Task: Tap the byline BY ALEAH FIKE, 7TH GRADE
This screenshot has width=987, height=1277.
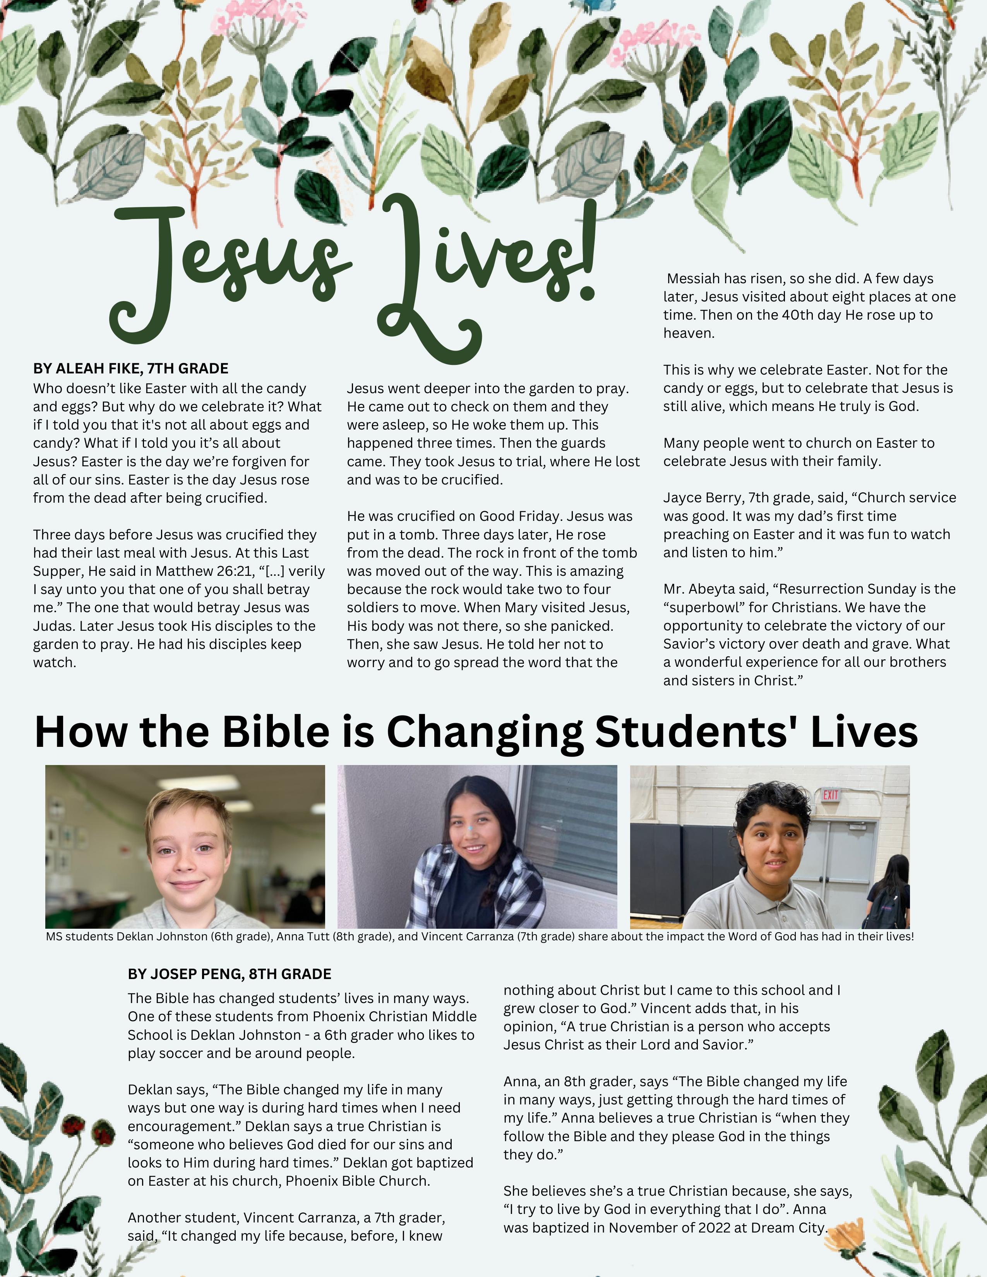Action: [130, 368]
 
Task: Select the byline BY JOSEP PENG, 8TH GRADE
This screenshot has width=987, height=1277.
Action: [229, 974]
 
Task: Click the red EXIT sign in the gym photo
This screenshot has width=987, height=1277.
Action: [831, 794]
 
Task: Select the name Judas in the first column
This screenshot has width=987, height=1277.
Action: [54, 626]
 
